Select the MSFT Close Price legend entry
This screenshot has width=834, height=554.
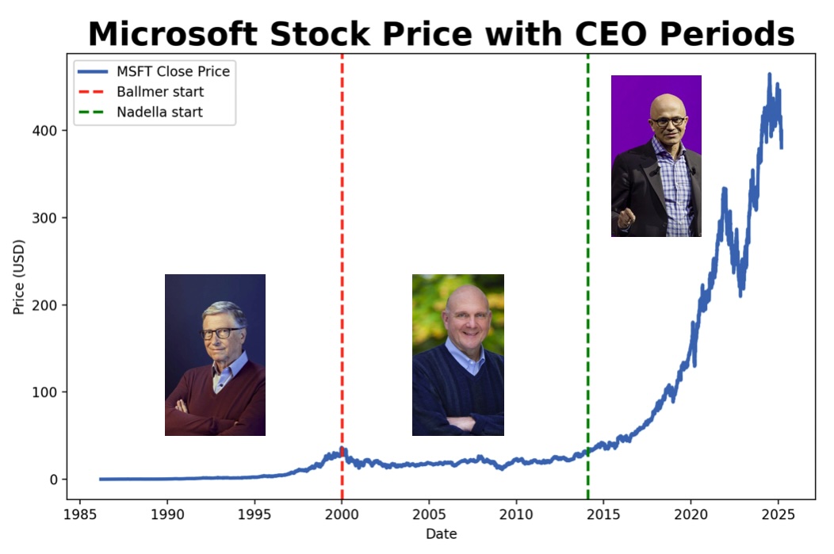coord(173,71)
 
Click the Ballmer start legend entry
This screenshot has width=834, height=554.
coord(159,92)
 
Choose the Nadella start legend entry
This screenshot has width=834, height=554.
coord(159,112)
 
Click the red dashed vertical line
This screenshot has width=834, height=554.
coord(342,238)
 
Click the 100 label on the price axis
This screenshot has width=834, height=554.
coord(47,392)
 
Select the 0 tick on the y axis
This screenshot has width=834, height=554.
coord(54,479)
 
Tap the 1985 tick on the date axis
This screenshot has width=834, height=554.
coord(79,513)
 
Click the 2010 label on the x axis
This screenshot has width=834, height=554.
coord(516,513)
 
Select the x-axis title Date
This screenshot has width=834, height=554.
coord(441,534)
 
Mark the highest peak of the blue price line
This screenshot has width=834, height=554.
coord(768,75)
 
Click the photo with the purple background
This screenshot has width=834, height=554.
coord(656,155)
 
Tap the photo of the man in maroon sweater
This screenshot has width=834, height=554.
coord(215,355)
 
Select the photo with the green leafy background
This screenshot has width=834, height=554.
coord(457,355)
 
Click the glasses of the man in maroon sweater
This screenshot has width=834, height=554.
coord(220,333)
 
